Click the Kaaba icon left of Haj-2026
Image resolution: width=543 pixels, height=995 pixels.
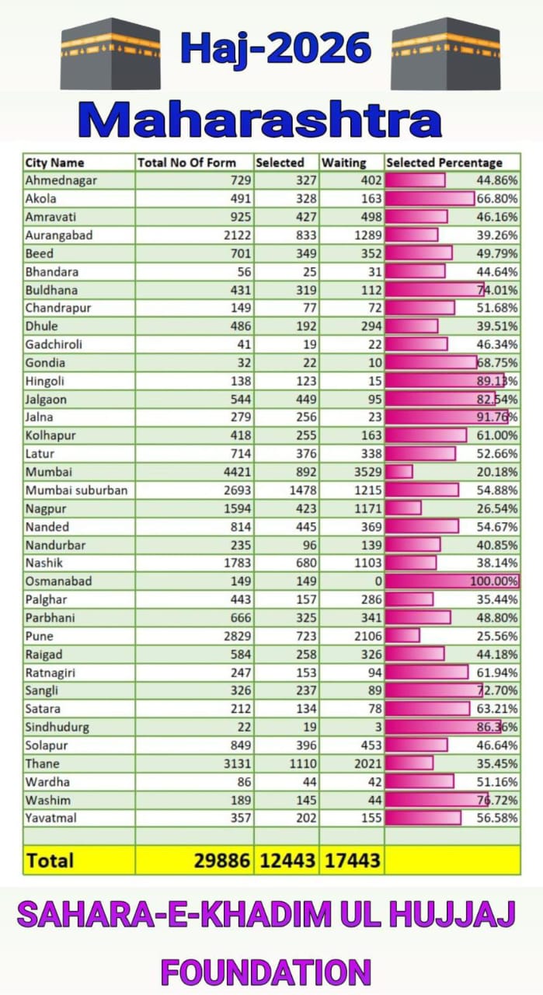pos(110,54)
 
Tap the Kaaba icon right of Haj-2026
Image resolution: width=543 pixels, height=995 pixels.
pos(446,54)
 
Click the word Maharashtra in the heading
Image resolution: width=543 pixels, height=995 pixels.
pos(260,119)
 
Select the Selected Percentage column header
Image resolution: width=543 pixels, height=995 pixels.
pos(444,162)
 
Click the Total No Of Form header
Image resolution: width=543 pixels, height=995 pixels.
pos(186,162)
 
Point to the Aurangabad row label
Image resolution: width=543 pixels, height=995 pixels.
pos(59,236)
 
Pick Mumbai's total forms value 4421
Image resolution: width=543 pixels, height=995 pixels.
pos(238,472)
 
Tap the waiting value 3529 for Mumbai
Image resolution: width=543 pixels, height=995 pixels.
pos(368,472)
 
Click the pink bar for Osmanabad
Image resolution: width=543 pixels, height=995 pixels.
pos(452,581)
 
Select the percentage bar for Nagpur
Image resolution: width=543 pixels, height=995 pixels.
pos(403,508)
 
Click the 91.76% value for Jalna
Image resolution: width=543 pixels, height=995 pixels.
pos(497,417)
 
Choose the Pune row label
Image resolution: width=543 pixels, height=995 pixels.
pos(39,636)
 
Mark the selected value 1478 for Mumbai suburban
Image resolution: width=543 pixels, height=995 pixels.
pos(303,490)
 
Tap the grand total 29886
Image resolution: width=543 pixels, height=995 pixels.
pos(221,861)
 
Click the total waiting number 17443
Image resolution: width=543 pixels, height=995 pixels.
pos(352,861)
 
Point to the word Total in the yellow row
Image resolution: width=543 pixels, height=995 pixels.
pos(50,861)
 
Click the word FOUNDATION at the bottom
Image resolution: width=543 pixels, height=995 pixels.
pos(266,972)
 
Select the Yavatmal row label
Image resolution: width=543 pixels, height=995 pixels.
pos(51,819)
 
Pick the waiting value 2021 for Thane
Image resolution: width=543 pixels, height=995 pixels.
pos(368,763)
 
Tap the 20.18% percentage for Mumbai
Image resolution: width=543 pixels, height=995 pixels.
pos(497,472)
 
